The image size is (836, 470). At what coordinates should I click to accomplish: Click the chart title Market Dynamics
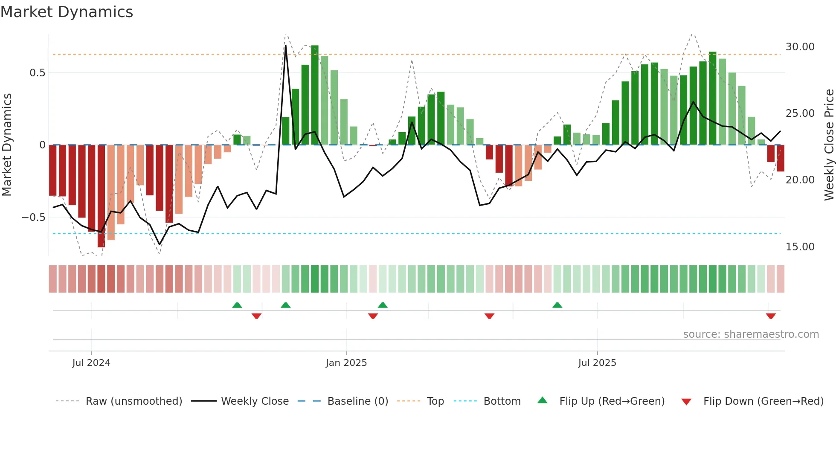click(67, 12)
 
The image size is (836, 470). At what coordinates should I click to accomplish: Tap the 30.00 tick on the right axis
click(800, 47)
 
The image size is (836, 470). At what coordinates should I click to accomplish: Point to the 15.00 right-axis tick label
click(800, 247)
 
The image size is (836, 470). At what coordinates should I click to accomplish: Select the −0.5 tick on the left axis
click(33, 218)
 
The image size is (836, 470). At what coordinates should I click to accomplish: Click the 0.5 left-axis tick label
click(37, 73)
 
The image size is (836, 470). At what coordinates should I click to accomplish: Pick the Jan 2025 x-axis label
click(346, 363)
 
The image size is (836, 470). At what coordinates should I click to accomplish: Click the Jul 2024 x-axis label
click(91, 363)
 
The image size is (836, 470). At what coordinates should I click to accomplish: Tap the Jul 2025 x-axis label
click(597, 363)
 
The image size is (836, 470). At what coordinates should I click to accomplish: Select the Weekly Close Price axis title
click(829, 145)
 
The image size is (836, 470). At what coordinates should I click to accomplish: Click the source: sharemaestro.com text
click(751, 334)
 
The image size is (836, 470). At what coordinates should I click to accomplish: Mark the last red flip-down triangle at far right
click(771, 316)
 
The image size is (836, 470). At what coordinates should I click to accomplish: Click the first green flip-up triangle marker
click(237, 305)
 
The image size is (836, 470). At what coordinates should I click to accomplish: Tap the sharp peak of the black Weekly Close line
click(286, 46)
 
